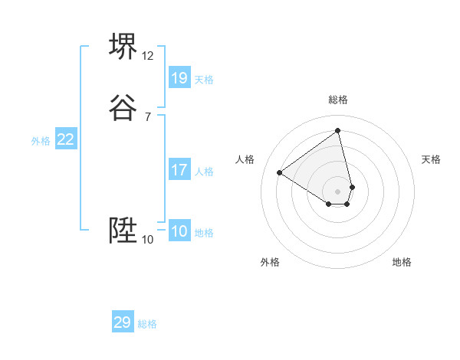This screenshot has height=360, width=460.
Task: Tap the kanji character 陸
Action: tap(123, 231)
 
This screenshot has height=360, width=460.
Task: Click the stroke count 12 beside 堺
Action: tap(148, 56)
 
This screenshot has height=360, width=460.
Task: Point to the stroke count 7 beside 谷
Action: tap(148, 117)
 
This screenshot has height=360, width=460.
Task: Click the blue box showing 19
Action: tap(179, 78)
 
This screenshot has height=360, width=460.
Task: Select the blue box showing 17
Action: tap(179, 170)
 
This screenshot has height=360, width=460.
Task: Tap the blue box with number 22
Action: tap(66, 139)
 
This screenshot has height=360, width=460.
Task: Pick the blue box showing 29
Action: tap(123, 322)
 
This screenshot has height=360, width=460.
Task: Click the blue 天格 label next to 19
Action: tap(204, 80)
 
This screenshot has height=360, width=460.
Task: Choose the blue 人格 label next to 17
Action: tap(204, 172)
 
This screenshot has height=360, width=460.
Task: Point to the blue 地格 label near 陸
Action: tap(204, 233)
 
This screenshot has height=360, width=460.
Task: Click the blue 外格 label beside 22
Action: tap(41, 141)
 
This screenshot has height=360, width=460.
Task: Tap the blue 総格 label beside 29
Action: tap(147, 324)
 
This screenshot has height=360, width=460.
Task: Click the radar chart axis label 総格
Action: tap(338, 100)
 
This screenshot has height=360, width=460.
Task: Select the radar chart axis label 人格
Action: tap(245, 159)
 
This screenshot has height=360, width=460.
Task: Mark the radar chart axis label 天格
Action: tap(431, 159)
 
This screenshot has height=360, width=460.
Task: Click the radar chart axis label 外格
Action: tap(270, 262)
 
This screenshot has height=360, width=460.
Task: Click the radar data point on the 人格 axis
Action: tap(280, 172)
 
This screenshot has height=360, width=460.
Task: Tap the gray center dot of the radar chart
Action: tap(338, 191)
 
